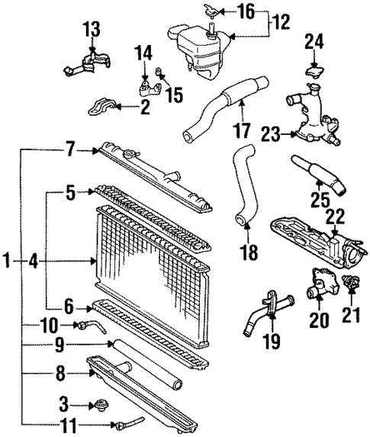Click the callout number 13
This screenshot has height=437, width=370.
92,29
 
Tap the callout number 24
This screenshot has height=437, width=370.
314,40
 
